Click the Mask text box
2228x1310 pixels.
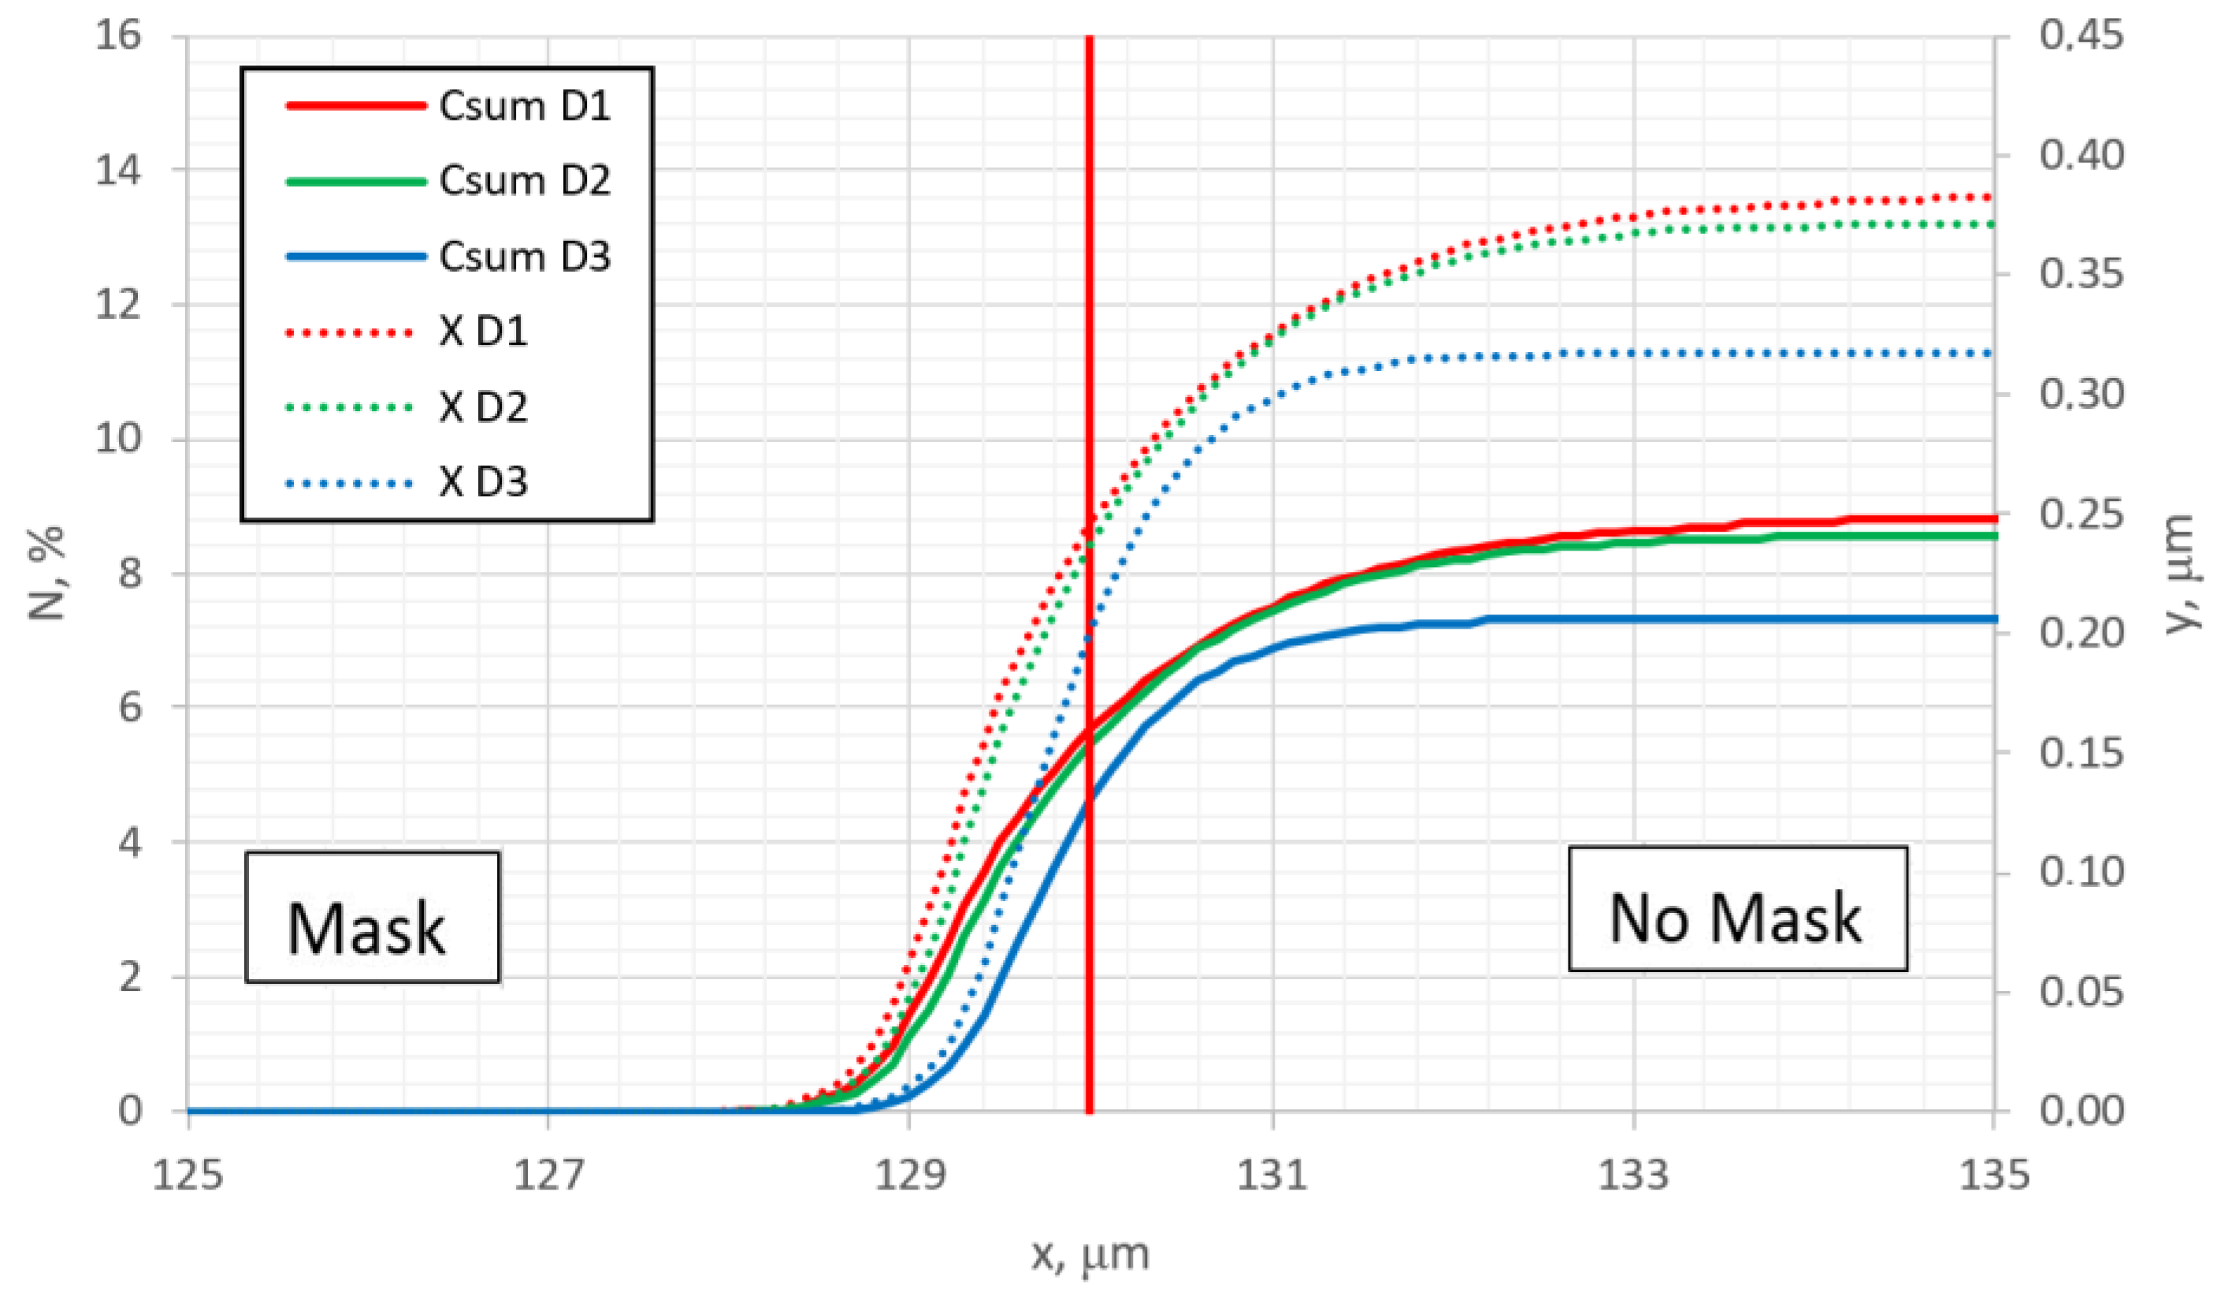371,918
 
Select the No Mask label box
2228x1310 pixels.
1736,910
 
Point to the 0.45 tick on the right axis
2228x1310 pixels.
2081,37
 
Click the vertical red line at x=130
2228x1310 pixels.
1090,354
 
